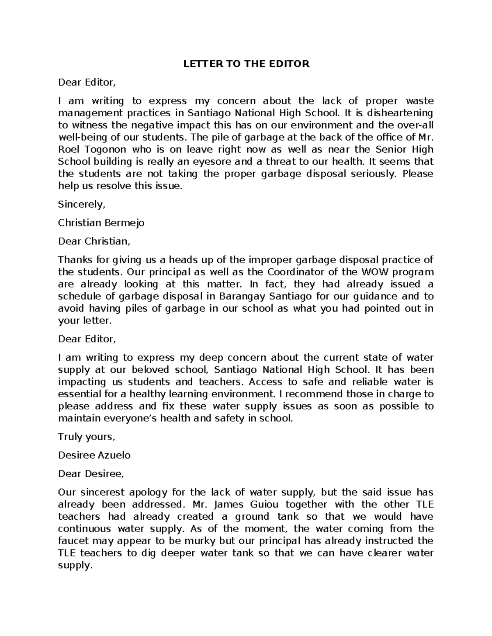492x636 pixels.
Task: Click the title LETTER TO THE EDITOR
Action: click(x=246, y=64)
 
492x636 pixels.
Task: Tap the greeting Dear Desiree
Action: click(x=91, y=474)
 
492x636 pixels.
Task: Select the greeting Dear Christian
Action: click(x=94, y=241)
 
